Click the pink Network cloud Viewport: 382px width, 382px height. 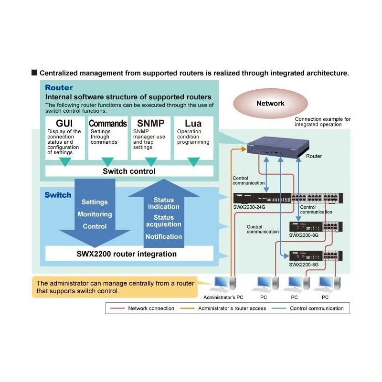[270, 103]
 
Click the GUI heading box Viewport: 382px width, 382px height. [64, 123]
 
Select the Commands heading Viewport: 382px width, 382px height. [108, 123]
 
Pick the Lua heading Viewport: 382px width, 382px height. [193, 123]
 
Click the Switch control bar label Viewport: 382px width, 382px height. [129, 171]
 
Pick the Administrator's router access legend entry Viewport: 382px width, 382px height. [232, 308]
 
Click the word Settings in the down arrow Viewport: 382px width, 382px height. [95, 202]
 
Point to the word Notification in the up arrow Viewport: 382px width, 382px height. [164, 236]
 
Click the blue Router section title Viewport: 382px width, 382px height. [59, 88]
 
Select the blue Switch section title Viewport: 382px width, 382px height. [58, 195]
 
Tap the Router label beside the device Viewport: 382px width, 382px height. [314, 156]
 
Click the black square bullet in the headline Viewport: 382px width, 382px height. [34, 73]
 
